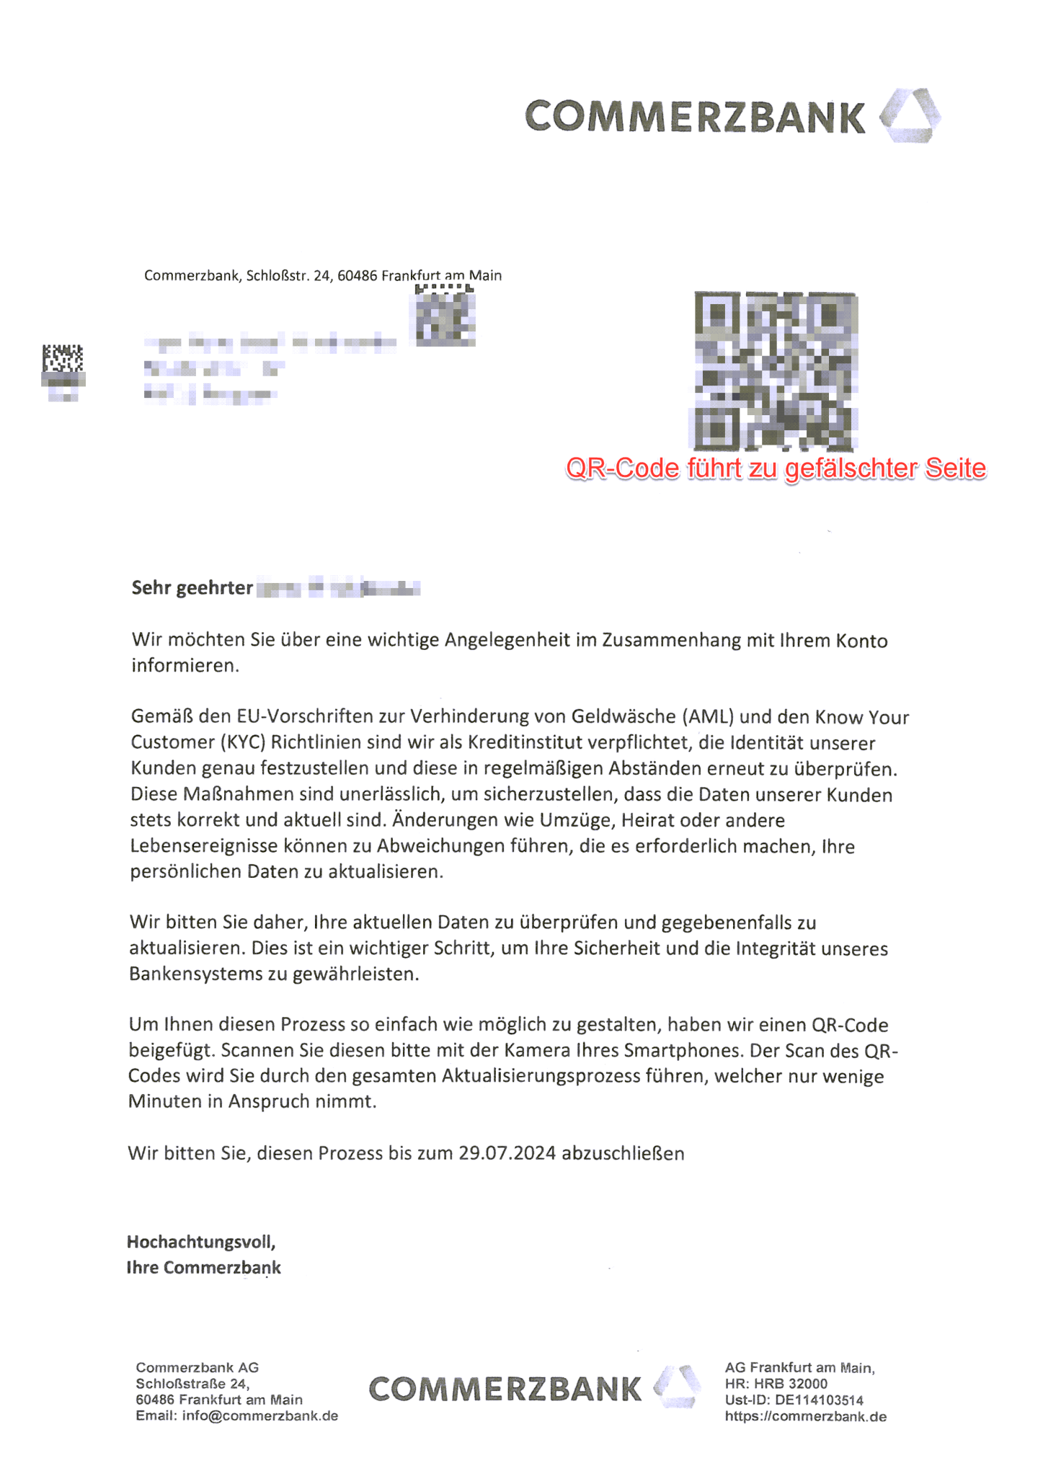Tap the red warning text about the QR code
[776, 468]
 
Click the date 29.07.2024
[507, 1153]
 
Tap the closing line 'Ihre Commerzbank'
[204, 1268]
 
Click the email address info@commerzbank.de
[260, 1415]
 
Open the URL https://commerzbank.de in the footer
[806, 1416]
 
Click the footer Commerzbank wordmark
[505, 1389]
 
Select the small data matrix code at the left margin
[63, 358]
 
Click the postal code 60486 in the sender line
[357, 275]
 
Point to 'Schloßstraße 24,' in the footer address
[192, 1384]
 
